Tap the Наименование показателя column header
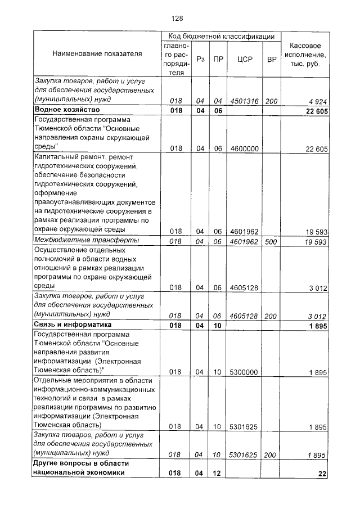tap(97, 54)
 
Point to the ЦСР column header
tap(245, 58)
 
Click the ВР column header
tap(272, 58)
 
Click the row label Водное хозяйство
tap(67, 109)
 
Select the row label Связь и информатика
tap(71, 325)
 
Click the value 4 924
tap(317, 101)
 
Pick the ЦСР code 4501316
tap(245, 101)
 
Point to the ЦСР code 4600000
tap(245, 148)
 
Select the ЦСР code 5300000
tap(245, 372)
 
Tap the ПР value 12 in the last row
tap(216, 474)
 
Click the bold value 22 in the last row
tap(322, 474)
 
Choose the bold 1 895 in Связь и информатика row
tap(317, 326)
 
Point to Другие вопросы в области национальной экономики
tap(82, 468)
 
